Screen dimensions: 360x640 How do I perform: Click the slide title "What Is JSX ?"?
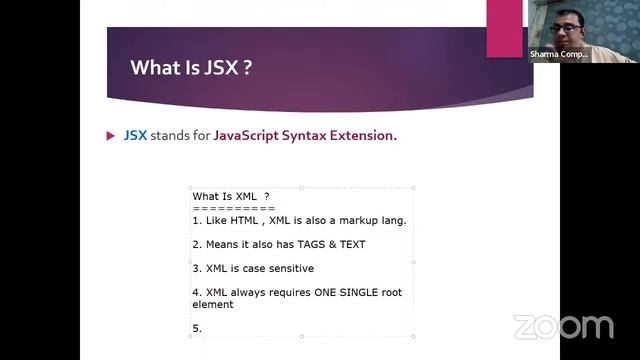(190, 68)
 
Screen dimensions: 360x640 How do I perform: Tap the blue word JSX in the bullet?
(135, 135)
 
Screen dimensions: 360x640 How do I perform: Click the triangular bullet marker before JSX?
(111, 135)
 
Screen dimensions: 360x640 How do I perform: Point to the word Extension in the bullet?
(363, 135)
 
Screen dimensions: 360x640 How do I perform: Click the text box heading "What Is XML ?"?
(230, 196)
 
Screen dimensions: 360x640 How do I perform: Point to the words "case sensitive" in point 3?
(279, 268)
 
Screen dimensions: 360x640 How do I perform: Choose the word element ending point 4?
(213, 304)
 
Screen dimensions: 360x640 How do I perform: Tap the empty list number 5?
(197, 328)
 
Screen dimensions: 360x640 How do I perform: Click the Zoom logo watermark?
(563, 327)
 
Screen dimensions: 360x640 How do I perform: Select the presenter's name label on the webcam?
(559, 55)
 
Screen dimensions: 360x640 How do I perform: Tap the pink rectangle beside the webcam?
(505, 28)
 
